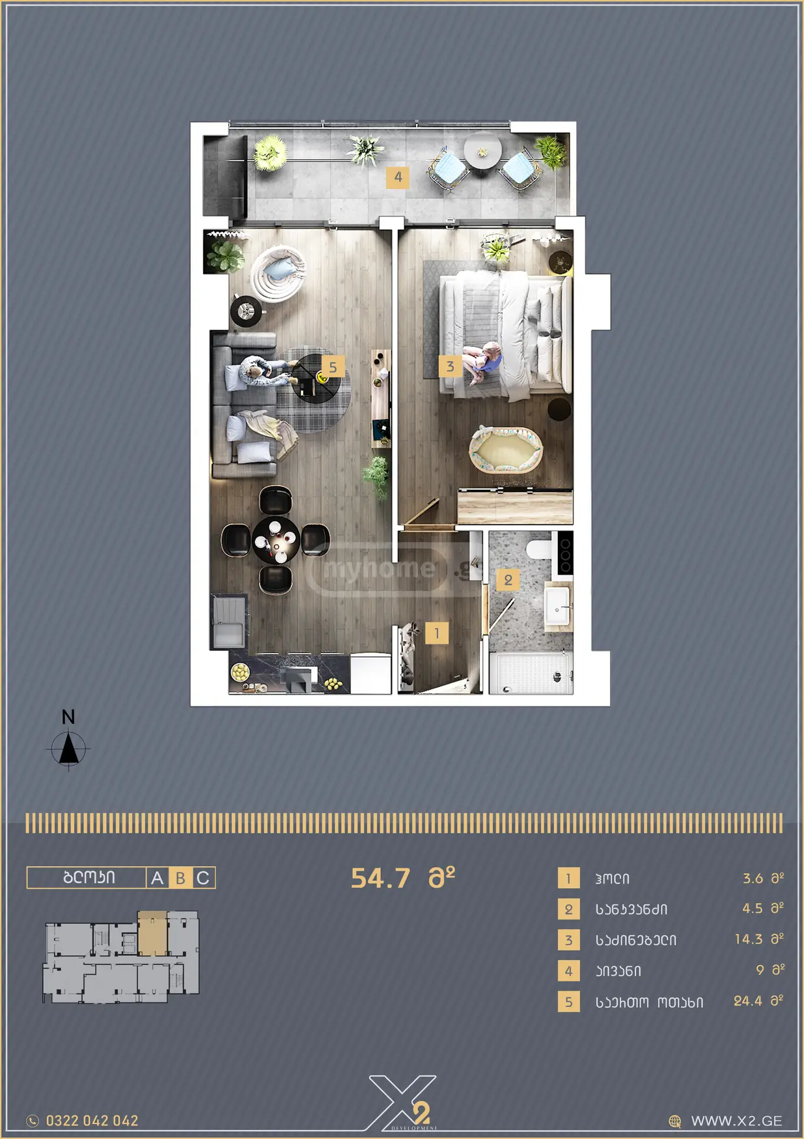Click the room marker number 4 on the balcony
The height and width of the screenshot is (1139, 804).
pyautogui.click(x=397, y=177)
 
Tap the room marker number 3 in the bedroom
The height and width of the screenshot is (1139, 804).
pyautogui.click(x=450, y=366)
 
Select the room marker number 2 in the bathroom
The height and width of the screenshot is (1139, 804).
pyautogui.click(x=508, y=579)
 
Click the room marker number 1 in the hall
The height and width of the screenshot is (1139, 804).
pyautogui.click(x=437, y=632)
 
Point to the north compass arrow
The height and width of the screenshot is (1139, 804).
pyautogui.click(x=68, y=748)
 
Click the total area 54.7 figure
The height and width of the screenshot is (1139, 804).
pyautogui.click(x=381, y=878)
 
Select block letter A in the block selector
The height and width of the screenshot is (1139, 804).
pyautogui.click(x=157, y=878)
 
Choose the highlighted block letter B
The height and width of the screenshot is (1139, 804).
pyautogui.click(x=180, y=878)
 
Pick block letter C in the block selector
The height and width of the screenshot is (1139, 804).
pyautogui.click(x=203, y=878)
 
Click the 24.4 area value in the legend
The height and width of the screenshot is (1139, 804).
pyautogui.click(x=747, y=1001)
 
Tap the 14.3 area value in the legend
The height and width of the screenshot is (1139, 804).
pyautogui.click(x=748, y=939)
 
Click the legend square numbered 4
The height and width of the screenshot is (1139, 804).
pyautogui.click(x=568, y=971)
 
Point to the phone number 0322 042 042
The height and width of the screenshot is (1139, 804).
pyautogui.click(x=92, y=1121)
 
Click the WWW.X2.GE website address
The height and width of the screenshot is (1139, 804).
pyautogui.click(x=736, y=1121)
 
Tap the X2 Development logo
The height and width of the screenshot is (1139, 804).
pyautogui.click(x=402, y=1103)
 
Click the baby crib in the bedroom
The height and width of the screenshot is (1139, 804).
pyautogui.click(x=506, y=449)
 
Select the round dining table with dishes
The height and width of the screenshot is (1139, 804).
pyautogui.click(x=276, y=540)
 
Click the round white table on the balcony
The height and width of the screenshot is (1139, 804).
pyautogui.click(x=482, y=151)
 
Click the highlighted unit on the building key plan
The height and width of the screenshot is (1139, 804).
pyautogui.click(x=152, y=932)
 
